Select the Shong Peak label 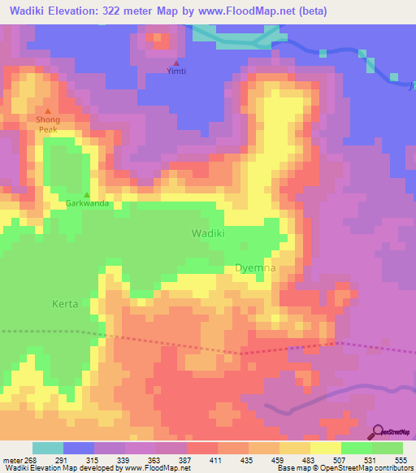point(48,124)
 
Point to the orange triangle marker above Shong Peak point(48,111)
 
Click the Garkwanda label point(88,204)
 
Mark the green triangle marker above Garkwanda point(88,194)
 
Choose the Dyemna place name point(255,267)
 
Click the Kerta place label point(64,304)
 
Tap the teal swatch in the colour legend point(48,448)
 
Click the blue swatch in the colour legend point(79,448)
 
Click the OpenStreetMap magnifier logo point(379,432)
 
